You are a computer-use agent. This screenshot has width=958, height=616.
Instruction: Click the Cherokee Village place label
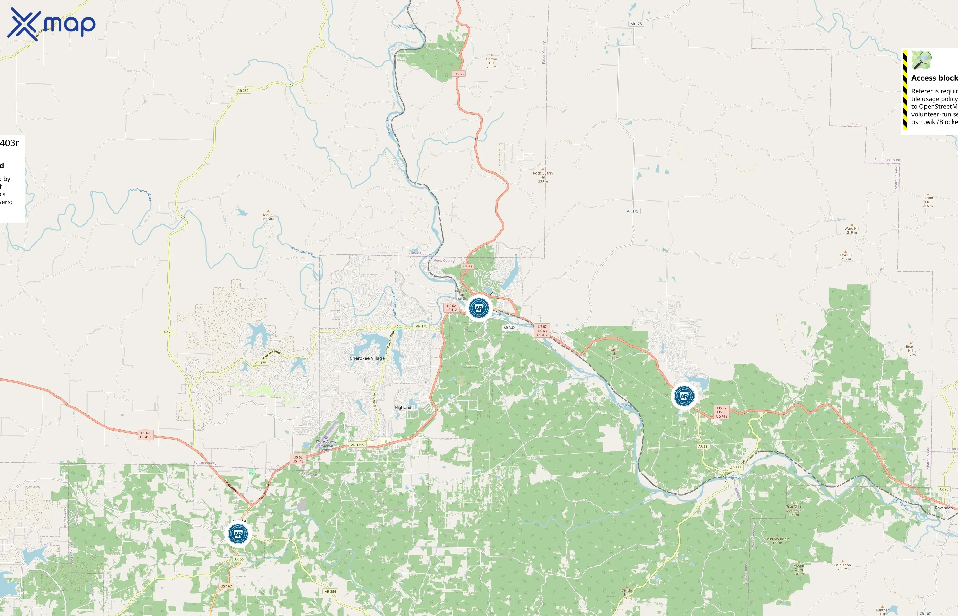[x=367, y=358]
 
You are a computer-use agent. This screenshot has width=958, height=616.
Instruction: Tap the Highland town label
[x=403, y=408]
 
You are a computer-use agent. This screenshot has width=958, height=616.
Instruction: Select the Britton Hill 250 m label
[x=491, y=63]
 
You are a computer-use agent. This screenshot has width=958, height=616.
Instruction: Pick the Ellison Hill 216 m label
[x=928, y=202]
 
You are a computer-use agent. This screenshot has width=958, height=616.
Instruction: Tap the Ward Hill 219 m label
[x=852, y=230]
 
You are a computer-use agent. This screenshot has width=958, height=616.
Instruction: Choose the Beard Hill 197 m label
[x=910, y=350]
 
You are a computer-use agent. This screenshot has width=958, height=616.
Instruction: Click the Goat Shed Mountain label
[x=794, y=510]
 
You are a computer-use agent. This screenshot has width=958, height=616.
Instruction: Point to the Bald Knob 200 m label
[x=842, y=567]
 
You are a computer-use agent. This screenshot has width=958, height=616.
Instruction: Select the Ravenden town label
[x=944, y=508]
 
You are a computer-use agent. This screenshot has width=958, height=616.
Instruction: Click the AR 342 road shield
[x=509, y=328]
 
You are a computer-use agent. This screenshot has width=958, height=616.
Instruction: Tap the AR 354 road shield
[x=330, y=592]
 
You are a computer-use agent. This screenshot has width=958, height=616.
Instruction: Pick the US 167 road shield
[x=226, y=586]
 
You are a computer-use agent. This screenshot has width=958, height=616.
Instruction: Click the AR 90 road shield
[x=944, y=489]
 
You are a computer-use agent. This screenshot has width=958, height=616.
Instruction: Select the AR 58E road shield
[x=735, y=467]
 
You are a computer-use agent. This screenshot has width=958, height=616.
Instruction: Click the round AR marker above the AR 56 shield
[x=238, y=534]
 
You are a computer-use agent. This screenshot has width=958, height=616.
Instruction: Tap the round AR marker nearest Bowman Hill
[x=684, y=396]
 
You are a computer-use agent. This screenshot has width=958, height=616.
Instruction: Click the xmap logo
[x=51, y=24]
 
